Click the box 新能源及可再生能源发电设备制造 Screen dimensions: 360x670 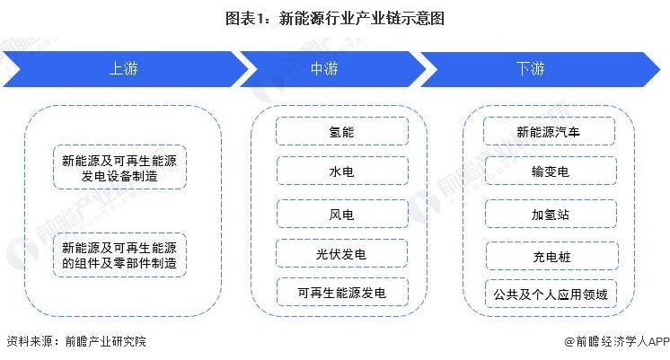point(119,168)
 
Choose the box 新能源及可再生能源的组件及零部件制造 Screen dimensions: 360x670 point(119,255)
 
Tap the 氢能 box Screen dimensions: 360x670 point(341,131)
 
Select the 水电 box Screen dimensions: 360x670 point(341,171)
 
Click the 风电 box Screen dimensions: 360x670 point(341,214)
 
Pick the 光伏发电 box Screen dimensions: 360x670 point(341,254)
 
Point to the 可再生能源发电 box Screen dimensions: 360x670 point(341,293)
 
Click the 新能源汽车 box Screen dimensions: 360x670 point(550,131)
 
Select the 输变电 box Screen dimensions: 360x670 point(550,171)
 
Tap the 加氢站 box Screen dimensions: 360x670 point(550,214)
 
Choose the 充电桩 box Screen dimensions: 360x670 point(550,257)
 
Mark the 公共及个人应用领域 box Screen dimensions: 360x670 point(550,294)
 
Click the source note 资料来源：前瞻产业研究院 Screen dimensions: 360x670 point(75,342)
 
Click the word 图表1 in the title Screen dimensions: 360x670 point(248,17)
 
